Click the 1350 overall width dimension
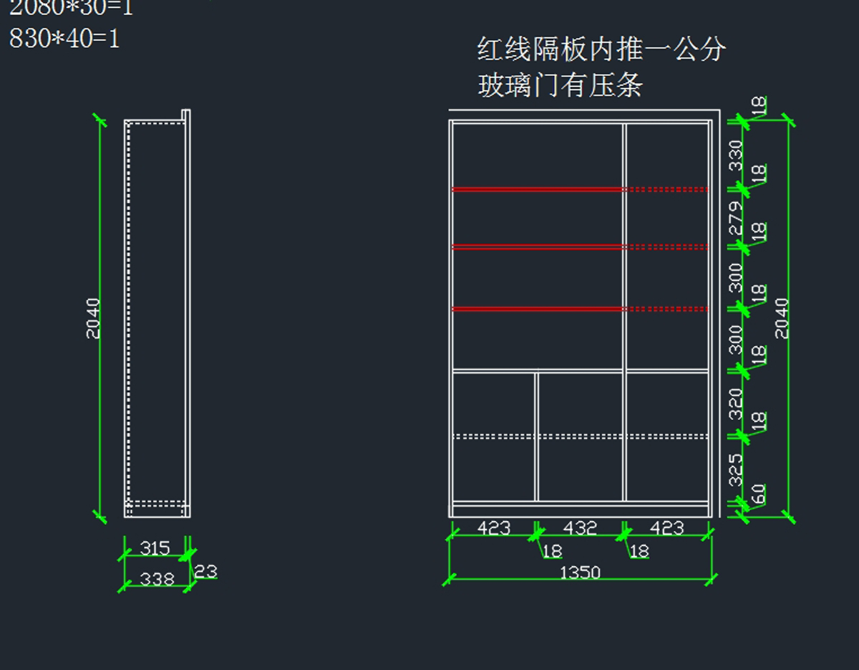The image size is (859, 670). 580,573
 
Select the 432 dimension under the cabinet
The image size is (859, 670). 580,528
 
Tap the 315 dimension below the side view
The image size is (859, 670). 155,548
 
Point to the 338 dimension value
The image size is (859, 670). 157,578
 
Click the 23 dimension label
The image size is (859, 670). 205,572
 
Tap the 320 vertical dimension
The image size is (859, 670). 736,404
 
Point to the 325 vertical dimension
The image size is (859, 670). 736,469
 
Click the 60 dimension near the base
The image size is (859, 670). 759,494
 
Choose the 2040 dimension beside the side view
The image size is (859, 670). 94,317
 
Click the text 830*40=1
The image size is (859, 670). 64,38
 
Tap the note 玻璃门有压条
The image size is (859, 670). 560,86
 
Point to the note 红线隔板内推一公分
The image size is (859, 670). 601,49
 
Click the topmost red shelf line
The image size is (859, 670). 537,189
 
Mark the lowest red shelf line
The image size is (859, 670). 537,309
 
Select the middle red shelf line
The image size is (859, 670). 537,247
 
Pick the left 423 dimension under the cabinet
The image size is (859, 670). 494,528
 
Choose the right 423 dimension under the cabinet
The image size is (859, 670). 666,528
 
